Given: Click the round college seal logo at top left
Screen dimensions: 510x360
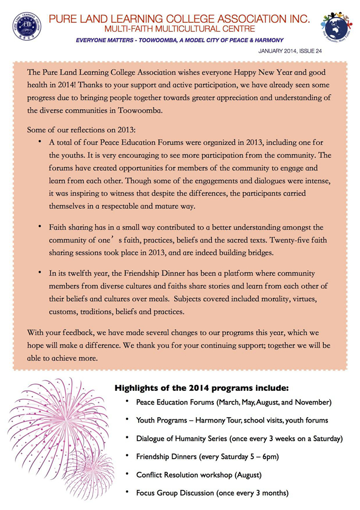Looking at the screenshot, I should (26, 26).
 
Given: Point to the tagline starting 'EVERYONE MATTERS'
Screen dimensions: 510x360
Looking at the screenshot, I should (179, 40).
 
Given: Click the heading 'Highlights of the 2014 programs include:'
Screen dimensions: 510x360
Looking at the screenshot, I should (202, 387).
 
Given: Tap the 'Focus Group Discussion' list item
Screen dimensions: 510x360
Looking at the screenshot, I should (212, 493).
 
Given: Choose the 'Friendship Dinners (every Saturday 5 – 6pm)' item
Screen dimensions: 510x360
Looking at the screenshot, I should (207, 456).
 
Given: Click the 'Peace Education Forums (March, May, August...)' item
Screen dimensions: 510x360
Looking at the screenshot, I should (233, 402).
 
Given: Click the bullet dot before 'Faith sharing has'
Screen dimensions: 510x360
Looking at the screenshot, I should (40, 226).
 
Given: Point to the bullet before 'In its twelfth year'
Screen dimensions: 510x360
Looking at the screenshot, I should (40, 272).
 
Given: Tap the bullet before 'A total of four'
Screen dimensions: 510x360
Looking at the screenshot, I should (40, 142).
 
